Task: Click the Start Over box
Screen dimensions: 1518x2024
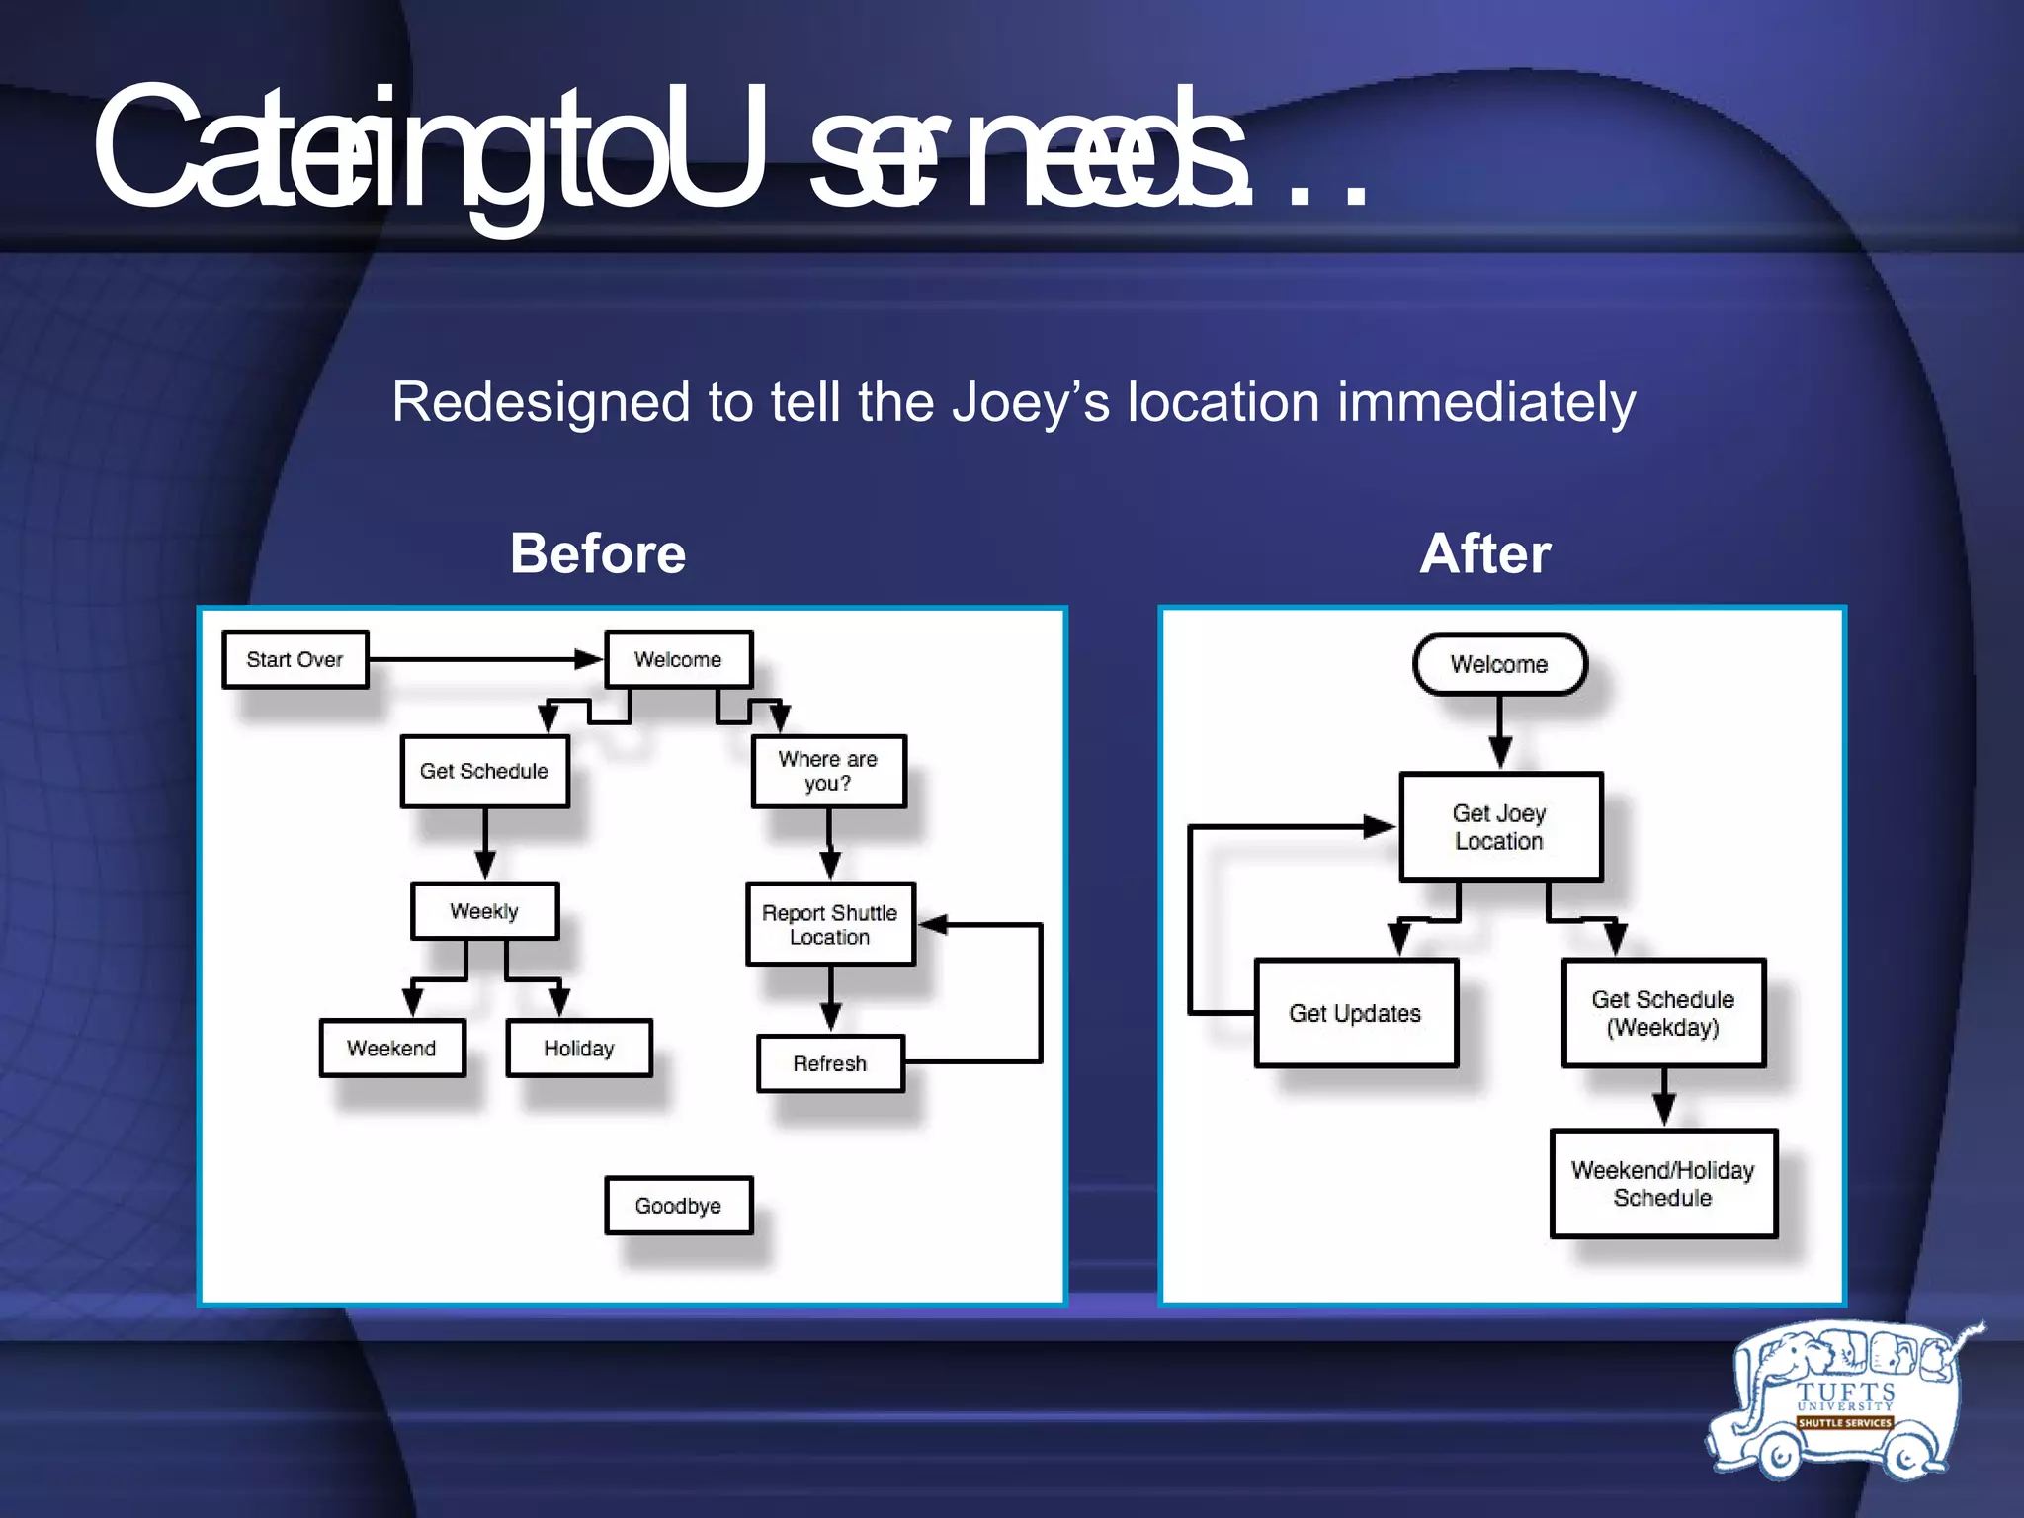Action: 295,659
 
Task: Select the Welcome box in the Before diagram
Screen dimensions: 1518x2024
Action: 678,659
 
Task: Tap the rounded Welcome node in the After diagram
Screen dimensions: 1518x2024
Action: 1499,664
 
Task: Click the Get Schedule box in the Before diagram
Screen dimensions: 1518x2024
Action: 484,771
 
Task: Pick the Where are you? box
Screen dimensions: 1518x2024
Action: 828,771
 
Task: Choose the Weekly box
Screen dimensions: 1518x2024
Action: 484,910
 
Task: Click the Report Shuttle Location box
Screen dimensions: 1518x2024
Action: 830,924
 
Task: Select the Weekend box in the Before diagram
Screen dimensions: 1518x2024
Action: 391,1048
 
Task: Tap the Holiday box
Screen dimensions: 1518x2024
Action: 579,1048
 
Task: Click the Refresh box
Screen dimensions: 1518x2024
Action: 830,1063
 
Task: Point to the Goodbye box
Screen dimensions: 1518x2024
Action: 678,1205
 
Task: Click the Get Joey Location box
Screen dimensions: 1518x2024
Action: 1500,827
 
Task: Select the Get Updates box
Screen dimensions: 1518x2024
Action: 1356,1013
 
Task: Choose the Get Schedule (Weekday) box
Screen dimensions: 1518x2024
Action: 1663,1013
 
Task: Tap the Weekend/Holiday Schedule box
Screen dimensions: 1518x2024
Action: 1663,1183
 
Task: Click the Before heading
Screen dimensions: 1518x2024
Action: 598,552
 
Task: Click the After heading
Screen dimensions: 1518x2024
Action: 1485,552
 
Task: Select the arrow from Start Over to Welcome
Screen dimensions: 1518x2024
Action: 484,659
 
